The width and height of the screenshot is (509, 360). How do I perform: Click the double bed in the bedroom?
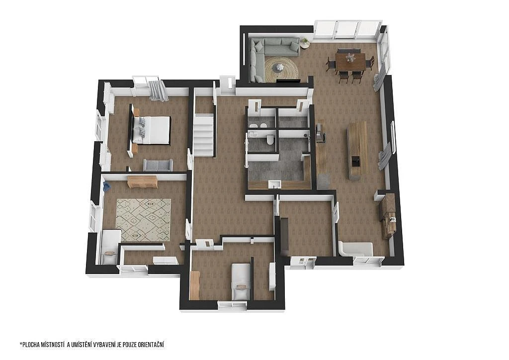(x=151, y=130)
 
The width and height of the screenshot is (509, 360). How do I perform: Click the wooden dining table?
(x=350, y=62)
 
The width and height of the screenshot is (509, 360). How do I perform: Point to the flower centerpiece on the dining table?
(x=350, y=58)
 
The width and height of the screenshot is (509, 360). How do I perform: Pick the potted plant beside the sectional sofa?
(x=305, y=43)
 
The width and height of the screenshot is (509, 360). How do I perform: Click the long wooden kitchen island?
(x=357, y=150)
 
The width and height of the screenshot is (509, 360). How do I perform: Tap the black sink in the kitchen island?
(x=356, y=161)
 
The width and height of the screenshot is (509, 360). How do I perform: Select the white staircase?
(x=203, y=134)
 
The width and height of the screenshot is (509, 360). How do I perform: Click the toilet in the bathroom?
(x=269, y=140)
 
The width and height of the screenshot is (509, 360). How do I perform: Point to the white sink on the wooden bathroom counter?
(x=274, y=184)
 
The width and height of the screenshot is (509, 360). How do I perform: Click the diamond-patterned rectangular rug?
(x=143, y=220)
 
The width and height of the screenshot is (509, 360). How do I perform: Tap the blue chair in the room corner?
(x=106, y=186)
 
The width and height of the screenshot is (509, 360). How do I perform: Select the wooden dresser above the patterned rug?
(x=143, y=182)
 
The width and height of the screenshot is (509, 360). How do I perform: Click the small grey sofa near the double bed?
(x=158, y=165)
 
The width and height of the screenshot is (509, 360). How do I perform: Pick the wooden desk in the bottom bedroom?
(x=194, y=285)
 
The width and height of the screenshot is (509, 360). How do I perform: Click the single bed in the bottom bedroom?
(x=241, y=281)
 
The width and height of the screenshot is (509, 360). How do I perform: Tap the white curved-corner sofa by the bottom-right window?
(x=356, y=249)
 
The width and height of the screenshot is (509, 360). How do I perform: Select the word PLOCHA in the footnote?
(x=30, y=345)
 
